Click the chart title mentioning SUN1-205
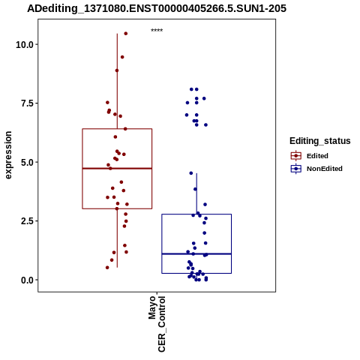[157, 9]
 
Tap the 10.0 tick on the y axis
[25, 45]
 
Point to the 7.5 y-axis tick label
[27, 103]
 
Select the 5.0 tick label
[27, 162]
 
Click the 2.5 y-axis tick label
[27, 221]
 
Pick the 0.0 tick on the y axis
[27, 280]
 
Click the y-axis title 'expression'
[8, 155]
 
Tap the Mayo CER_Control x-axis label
[157, 324]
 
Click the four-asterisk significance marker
[157, 31]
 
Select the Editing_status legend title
[320, 141]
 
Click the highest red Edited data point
[126, 34]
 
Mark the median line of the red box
[117, 169]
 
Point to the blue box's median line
[196, 254]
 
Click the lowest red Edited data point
[107, 268]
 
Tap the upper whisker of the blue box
[196, 193]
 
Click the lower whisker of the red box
[117, 238]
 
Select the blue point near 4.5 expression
[191, 173]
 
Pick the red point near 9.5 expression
[122, 57]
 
